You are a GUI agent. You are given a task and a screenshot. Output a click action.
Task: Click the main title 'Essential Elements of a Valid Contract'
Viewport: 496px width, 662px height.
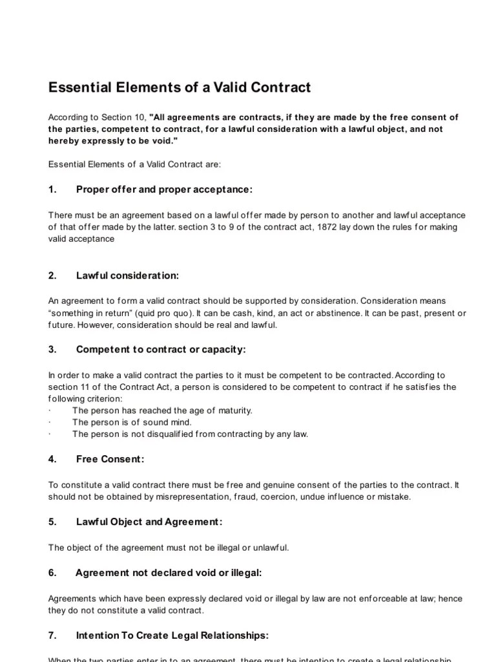click(x=180, y=87)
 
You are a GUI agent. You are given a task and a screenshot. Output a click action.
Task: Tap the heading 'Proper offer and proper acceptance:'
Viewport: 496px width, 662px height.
click(x=164, y=189)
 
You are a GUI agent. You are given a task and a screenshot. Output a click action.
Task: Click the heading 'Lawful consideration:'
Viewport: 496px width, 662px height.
click(x=127, y=275)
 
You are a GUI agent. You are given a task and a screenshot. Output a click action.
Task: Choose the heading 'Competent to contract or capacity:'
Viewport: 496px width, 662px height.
click(x=161, y=349)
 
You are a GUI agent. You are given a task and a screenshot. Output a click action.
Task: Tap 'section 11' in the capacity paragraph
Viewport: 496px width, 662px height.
click(x=67, y=387)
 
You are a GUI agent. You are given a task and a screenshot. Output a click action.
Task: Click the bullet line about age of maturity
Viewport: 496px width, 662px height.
click(x=162, y=411)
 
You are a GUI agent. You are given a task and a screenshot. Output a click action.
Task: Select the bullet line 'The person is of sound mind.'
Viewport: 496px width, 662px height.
click(x=132, y=422)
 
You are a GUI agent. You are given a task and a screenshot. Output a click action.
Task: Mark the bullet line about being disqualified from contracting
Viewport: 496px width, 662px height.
click(x=190, y=434)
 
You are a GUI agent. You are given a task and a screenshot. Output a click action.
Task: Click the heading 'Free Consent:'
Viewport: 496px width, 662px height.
click(x=110, y=459)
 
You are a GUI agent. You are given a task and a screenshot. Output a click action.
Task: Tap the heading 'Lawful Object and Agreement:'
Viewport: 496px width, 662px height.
click(x=149, y=522)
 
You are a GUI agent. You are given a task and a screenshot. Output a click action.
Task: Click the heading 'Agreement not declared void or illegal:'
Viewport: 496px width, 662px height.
click(x=169, y=573)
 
